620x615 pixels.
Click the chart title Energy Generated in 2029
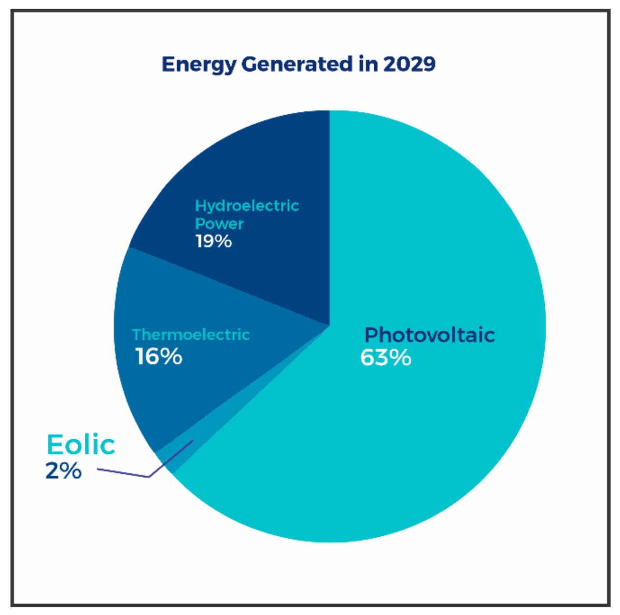298,64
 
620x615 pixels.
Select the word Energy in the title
199,65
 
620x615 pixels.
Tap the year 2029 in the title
409,64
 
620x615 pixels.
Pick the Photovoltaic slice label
429,335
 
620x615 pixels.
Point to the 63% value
385,358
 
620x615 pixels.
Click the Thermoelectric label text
191,335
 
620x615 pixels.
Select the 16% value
159,357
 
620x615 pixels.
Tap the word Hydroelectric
247,206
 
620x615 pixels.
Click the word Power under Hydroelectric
219,224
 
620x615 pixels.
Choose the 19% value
213,241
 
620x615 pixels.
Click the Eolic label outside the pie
81,445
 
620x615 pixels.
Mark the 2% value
63,471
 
